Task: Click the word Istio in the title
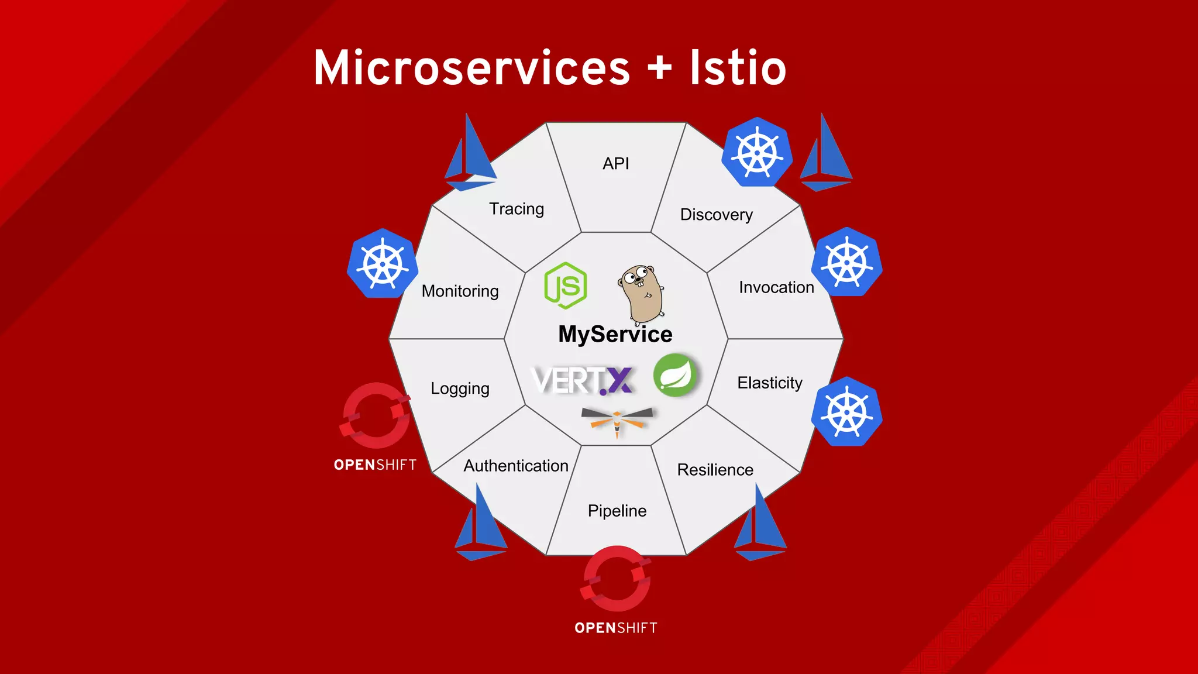738,68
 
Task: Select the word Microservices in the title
471,68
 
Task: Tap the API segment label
615,164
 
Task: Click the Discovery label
716,215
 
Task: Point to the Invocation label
776,287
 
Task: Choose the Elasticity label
769,383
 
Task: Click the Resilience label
715,470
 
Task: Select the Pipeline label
617,511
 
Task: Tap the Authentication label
515,466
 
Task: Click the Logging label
460,388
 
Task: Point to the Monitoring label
460,291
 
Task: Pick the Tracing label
516,209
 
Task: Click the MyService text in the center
615,334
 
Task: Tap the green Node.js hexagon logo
565,286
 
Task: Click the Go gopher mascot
642,294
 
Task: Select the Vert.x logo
582,381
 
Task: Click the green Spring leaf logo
676,375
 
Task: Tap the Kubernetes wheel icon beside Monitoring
383,264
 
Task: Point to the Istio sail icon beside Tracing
470,155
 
